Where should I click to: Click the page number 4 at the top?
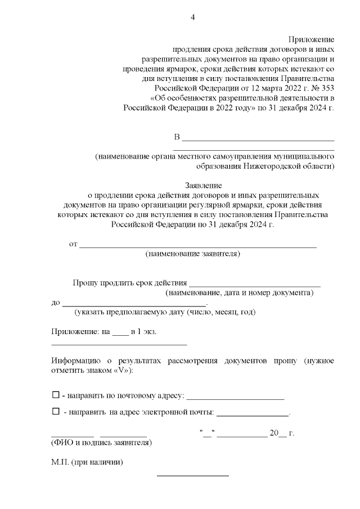(x=192, y=17)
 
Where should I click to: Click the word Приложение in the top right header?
(x=311, y=40)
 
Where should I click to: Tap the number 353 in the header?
(x=326, y=88)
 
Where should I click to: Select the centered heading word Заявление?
(x=203, y=184)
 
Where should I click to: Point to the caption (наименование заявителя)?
(x=193, y=254)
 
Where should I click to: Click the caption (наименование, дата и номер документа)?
(x=239, y=293)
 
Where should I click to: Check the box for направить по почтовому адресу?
(x=55, y=395)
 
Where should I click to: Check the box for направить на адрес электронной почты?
(x=55, y=412)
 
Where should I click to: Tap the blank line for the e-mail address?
(x=252, y=415)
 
